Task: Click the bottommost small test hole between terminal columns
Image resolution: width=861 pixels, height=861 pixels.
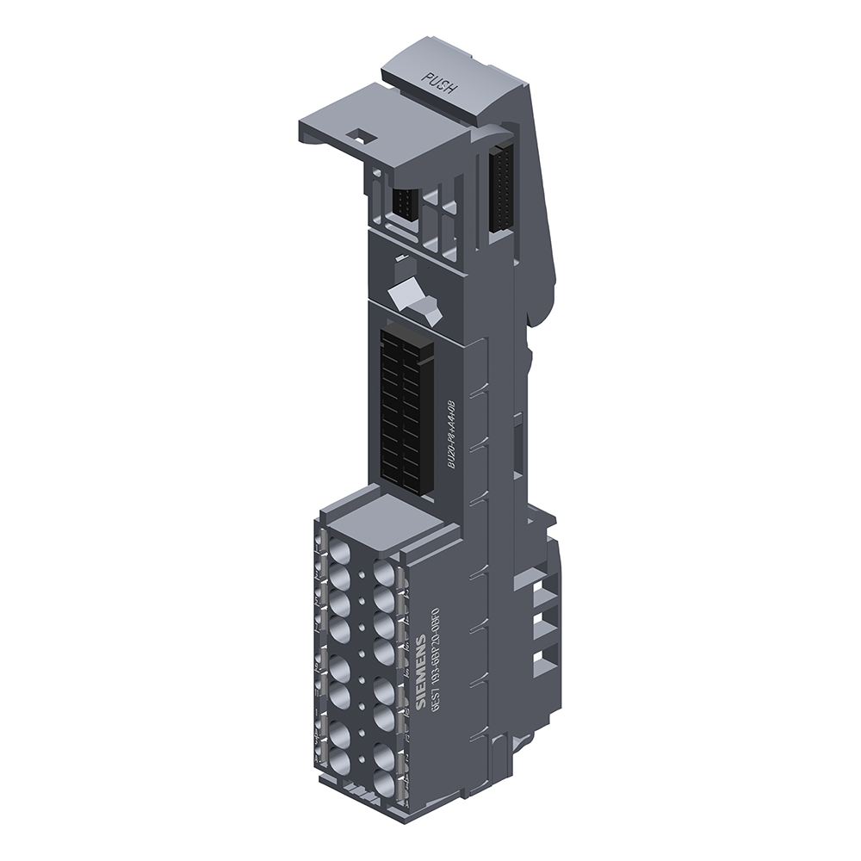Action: coord(360,745)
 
